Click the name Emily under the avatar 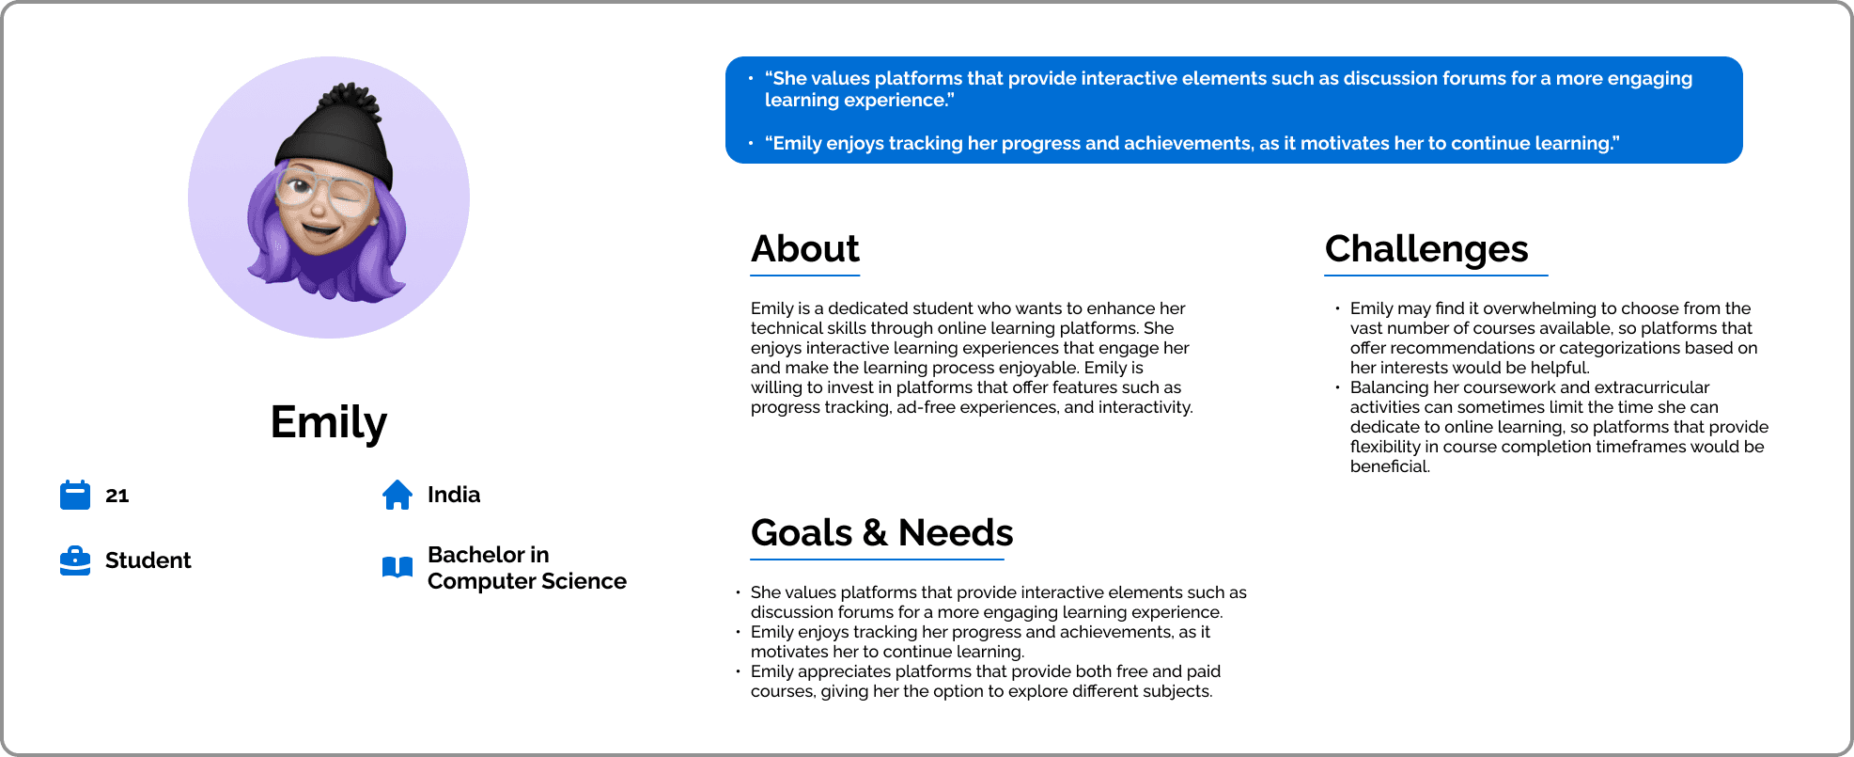coord(329,422)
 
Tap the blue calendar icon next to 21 coord(75,495)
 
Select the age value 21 coord(117,496)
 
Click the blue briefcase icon coord(75,560)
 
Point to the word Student coord(148,560)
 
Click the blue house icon coord(397,495)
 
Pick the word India coord(454,495)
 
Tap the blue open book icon coord(397,567)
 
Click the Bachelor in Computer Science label coord(527,568)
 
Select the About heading coord(805,249)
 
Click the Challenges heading coord(1426,249)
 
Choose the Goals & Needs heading coord(882,533)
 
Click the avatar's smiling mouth coord(319,229)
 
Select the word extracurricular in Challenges coord(1652,387)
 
